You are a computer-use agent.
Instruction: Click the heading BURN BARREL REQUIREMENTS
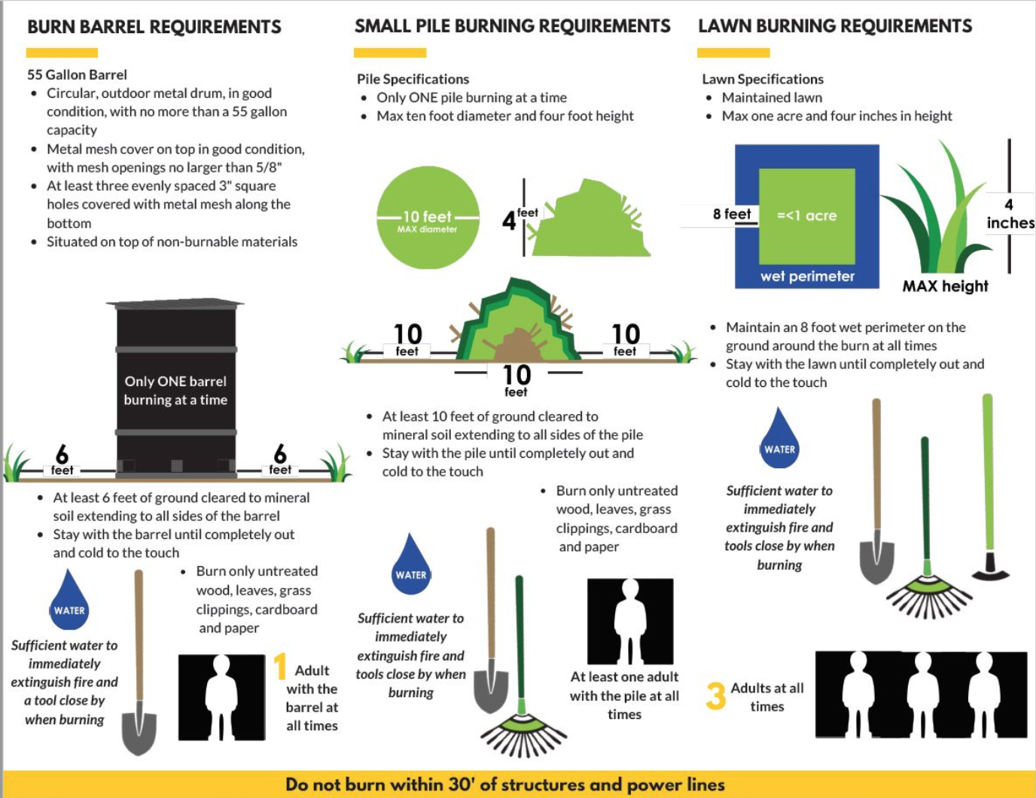click(154, 27)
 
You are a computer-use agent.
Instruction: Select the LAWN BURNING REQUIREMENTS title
click(835, 26)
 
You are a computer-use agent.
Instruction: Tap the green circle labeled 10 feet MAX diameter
click(428, 218)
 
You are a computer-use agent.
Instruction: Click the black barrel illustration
click(176, 388)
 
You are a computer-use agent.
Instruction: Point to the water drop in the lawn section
click(779, 440)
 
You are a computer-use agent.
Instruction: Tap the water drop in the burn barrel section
click(69, 602)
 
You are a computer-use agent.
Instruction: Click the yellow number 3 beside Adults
click(715, 696)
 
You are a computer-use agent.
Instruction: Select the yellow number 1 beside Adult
click(280, 667)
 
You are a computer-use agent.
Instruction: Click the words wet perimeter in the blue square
click(807, 276)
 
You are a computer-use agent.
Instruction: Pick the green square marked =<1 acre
click(806, 216)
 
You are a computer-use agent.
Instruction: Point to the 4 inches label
click(1010, 214)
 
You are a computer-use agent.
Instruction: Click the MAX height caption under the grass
click(945, 286)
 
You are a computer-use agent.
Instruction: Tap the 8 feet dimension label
click(732, 215)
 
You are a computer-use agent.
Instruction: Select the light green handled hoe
click(988, 489)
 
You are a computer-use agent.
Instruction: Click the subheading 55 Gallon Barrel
click(77, 75)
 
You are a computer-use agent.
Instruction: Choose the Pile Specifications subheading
click(413, 79)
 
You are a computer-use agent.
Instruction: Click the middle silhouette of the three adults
click(922, 693)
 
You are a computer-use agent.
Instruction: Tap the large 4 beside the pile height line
click(509, 221)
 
